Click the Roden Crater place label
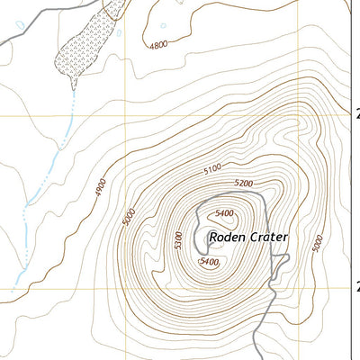[x=248, y=238]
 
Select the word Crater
[x=269, y=238]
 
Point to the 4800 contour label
[x=158, y=45]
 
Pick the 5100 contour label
[x=212, y=168]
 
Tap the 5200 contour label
[x=242, y=183]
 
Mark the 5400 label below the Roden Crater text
[x=209, y=261]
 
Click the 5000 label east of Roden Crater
[x=317, y=243]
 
